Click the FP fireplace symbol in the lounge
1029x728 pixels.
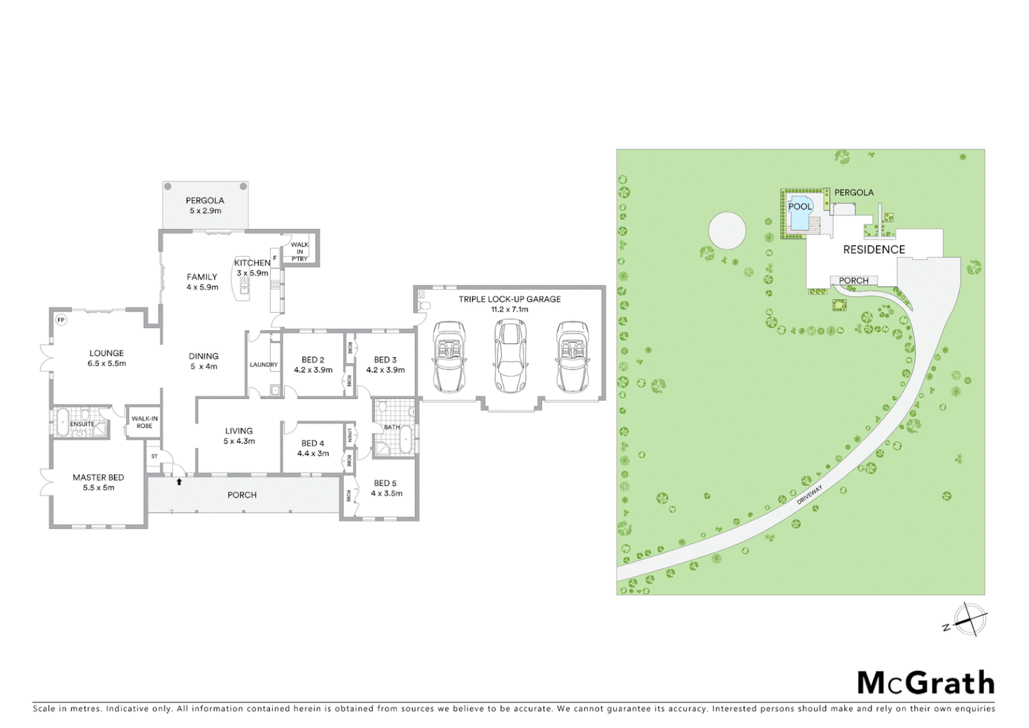pos(61,320)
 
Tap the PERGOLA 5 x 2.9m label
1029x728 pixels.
pos(205,206)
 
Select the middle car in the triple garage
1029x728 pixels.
pos(510,356)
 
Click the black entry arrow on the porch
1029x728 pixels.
pos(179,481)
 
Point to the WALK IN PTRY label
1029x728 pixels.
pos(300,251)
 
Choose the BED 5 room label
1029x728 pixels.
pos(386,488)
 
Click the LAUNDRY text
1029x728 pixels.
pos(263,365)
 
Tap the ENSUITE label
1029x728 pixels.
pos(82,424)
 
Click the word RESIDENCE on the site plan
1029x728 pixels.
pos(873,249)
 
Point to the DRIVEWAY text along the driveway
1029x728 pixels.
pos(809,495)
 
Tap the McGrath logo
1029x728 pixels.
pos(925,683)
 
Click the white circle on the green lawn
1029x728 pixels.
pos(727,231)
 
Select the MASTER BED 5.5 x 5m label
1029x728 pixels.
pos(98,482)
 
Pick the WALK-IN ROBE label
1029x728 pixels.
pos(145,422)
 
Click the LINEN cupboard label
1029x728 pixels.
pos(350,435)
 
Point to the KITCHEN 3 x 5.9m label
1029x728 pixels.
pos(252,268)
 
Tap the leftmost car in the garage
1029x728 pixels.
pos(449,357)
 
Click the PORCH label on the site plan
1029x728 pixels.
pos(853,280)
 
